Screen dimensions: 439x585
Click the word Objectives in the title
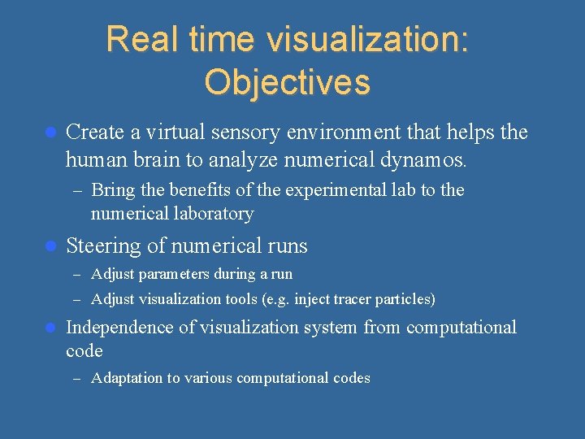click(x=287, y=82)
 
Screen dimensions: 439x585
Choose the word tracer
click(x=352, y=299)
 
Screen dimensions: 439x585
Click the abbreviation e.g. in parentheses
click(x=275, y=299)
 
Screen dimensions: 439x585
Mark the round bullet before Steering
click(x=50, y=246)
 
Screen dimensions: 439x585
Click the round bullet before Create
click(x=50, y=132)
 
